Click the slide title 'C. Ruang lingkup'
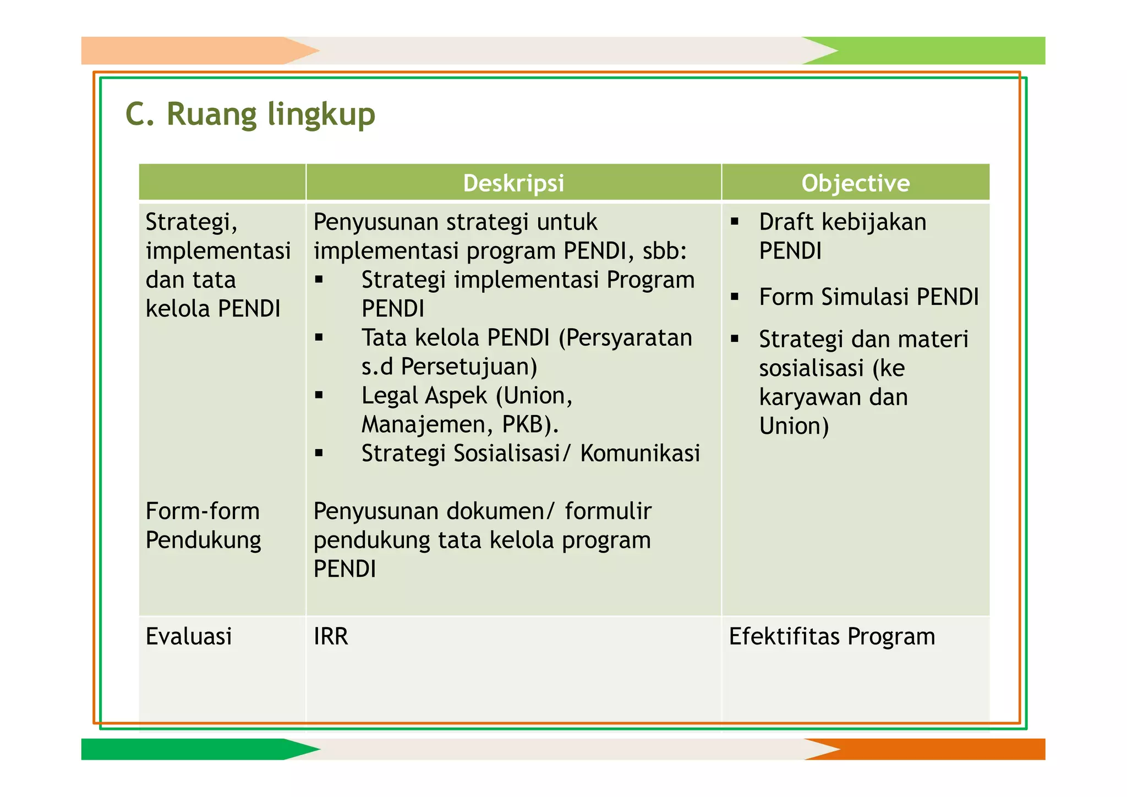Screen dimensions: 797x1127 [x=250, y=114]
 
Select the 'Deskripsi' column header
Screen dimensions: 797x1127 [x=513, y=183]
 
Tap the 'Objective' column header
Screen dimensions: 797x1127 [x=855, y=183]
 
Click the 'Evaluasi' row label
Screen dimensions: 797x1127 [x=189, y=636]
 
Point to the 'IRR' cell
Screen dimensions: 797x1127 [x=331, y=636]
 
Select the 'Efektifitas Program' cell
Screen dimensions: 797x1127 [x=831, y=636]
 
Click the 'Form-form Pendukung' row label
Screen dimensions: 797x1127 [x=203, y=525]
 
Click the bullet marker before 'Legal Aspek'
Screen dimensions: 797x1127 [x=319, y=395]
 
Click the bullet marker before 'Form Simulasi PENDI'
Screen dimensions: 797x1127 [x=735, y=297]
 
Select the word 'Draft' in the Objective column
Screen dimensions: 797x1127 [x=786, y=222]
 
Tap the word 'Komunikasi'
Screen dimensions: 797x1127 [x=640, y=454]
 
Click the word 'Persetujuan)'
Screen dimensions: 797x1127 [x=469, y=367]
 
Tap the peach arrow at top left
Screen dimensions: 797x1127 [x=187, y=51]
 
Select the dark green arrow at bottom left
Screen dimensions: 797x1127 [x=187, y=749]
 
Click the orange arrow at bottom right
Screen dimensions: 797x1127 [x=935, y=749]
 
